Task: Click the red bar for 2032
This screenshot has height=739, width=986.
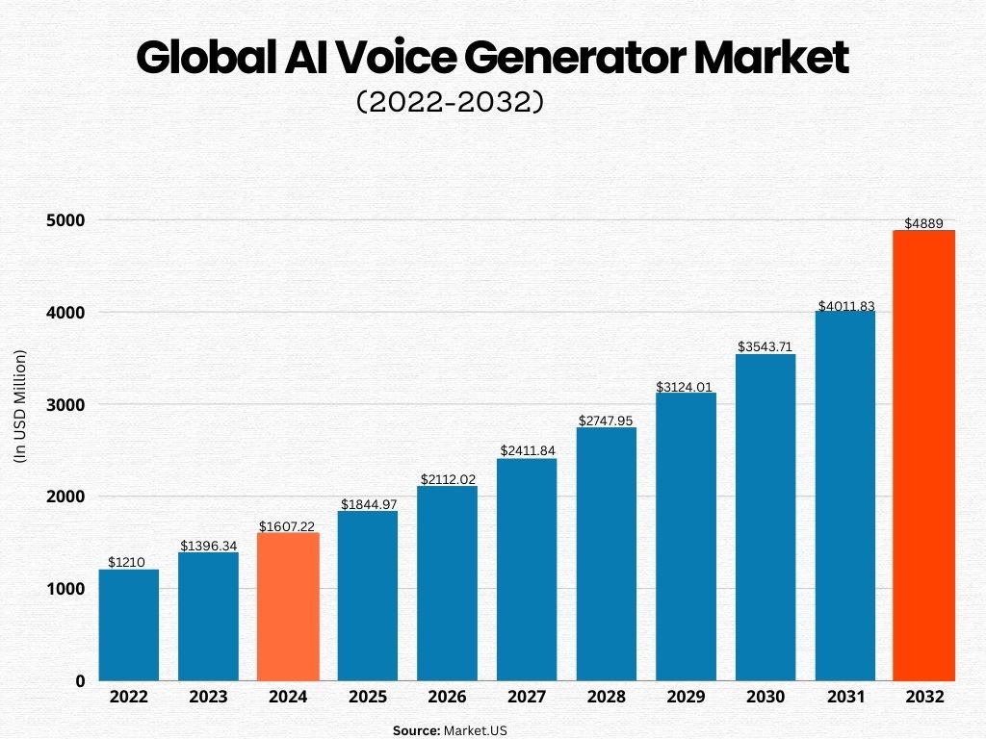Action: (x=923, y=455)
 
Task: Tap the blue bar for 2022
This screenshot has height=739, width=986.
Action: (x=129, y=624)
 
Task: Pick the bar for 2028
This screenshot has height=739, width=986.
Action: (x=607, y=553)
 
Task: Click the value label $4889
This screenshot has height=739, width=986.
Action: (x=923, y=223)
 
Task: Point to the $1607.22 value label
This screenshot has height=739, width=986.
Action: (x=288, y=526)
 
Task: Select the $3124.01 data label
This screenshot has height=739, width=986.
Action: (x=685, y=387)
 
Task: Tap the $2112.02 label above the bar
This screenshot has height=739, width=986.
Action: (x=447, y=479)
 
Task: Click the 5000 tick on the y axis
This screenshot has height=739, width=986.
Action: (x=65, y=220)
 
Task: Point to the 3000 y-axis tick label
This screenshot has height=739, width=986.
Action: (x=65, y=405)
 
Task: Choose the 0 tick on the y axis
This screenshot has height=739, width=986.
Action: (x=80, y=681)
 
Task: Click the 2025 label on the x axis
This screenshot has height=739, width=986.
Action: (x=368, y=698)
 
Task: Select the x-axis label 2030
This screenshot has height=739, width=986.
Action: (x=765, y=698)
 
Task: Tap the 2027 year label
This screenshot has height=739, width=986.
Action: (x=527, y=698)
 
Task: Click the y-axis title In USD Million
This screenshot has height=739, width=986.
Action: (x=20, y=406)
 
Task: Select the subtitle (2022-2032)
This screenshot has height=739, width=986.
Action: (x=451, y=102)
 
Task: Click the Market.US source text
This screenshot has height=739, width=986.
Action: (x=475, y=730)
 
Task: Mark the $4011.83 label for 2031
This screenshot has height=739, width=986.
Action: (x=844, y=306)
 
